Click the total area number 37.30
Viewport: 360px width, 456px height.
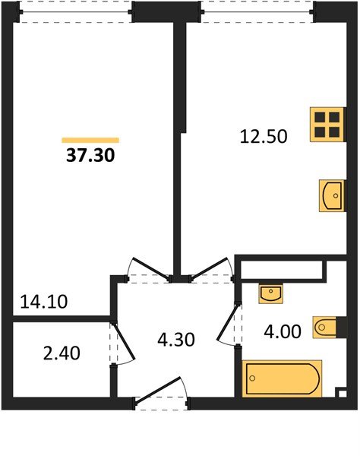coord(90,157)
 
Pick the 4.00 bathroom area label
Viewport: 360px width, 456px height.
coord(281,332)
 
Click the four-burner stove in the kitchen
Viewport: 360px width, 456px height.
coord(327,124)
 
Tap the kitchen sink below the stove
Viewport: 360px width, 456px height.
coord(333,195)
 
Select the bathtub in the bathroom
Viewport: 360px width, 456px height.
coord(282,378)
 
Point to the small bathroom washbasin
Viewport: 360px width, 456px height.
coord(270,293)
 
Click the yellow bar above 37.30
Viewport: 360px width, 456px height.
coord(90,140)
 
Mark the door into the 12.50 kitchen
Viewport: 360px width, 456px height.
coord(207,270)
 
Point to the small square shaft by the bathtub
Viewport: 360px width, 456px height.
coord(340,393)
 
